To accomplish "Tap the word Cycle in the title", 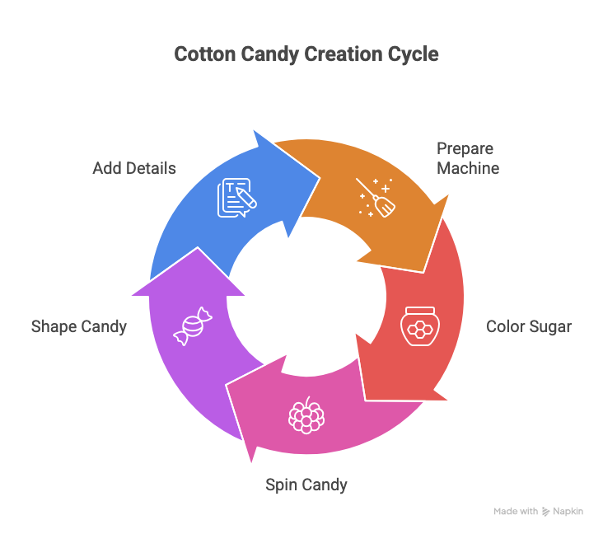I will pos(413,55).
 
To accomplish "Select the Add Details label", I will pos(134,168).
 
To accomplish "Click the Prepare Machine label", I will pos(467,158).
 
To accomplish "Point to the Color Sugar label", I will pos(528,326).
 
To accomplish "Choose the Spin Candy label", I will pos(306,485).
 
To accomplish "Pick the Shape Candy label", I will pos(79,326).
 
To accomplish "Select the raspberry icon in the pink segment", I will pos(306,415).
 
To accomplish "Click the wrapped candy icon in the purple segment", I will pos(192,326).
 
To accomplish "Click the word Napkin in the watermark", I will pos(568,512).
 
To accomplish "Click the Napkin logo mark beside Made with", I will pos(545,512).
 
